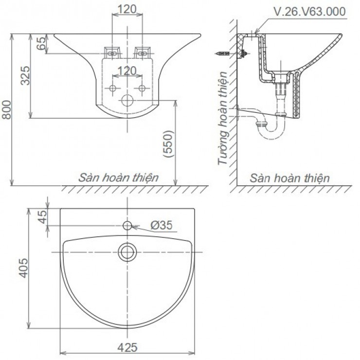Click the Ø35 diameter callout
click(161, 225)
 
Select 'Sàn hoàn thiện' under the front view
click(119, 177)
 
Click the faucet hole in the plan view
click(127, 226)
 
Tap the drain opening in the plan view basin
click(127, 251)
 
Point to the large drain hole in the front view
click(127, 101)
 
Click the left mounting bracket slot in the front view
click(113, 52)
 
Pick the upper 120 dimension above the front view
click(127, 9)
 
